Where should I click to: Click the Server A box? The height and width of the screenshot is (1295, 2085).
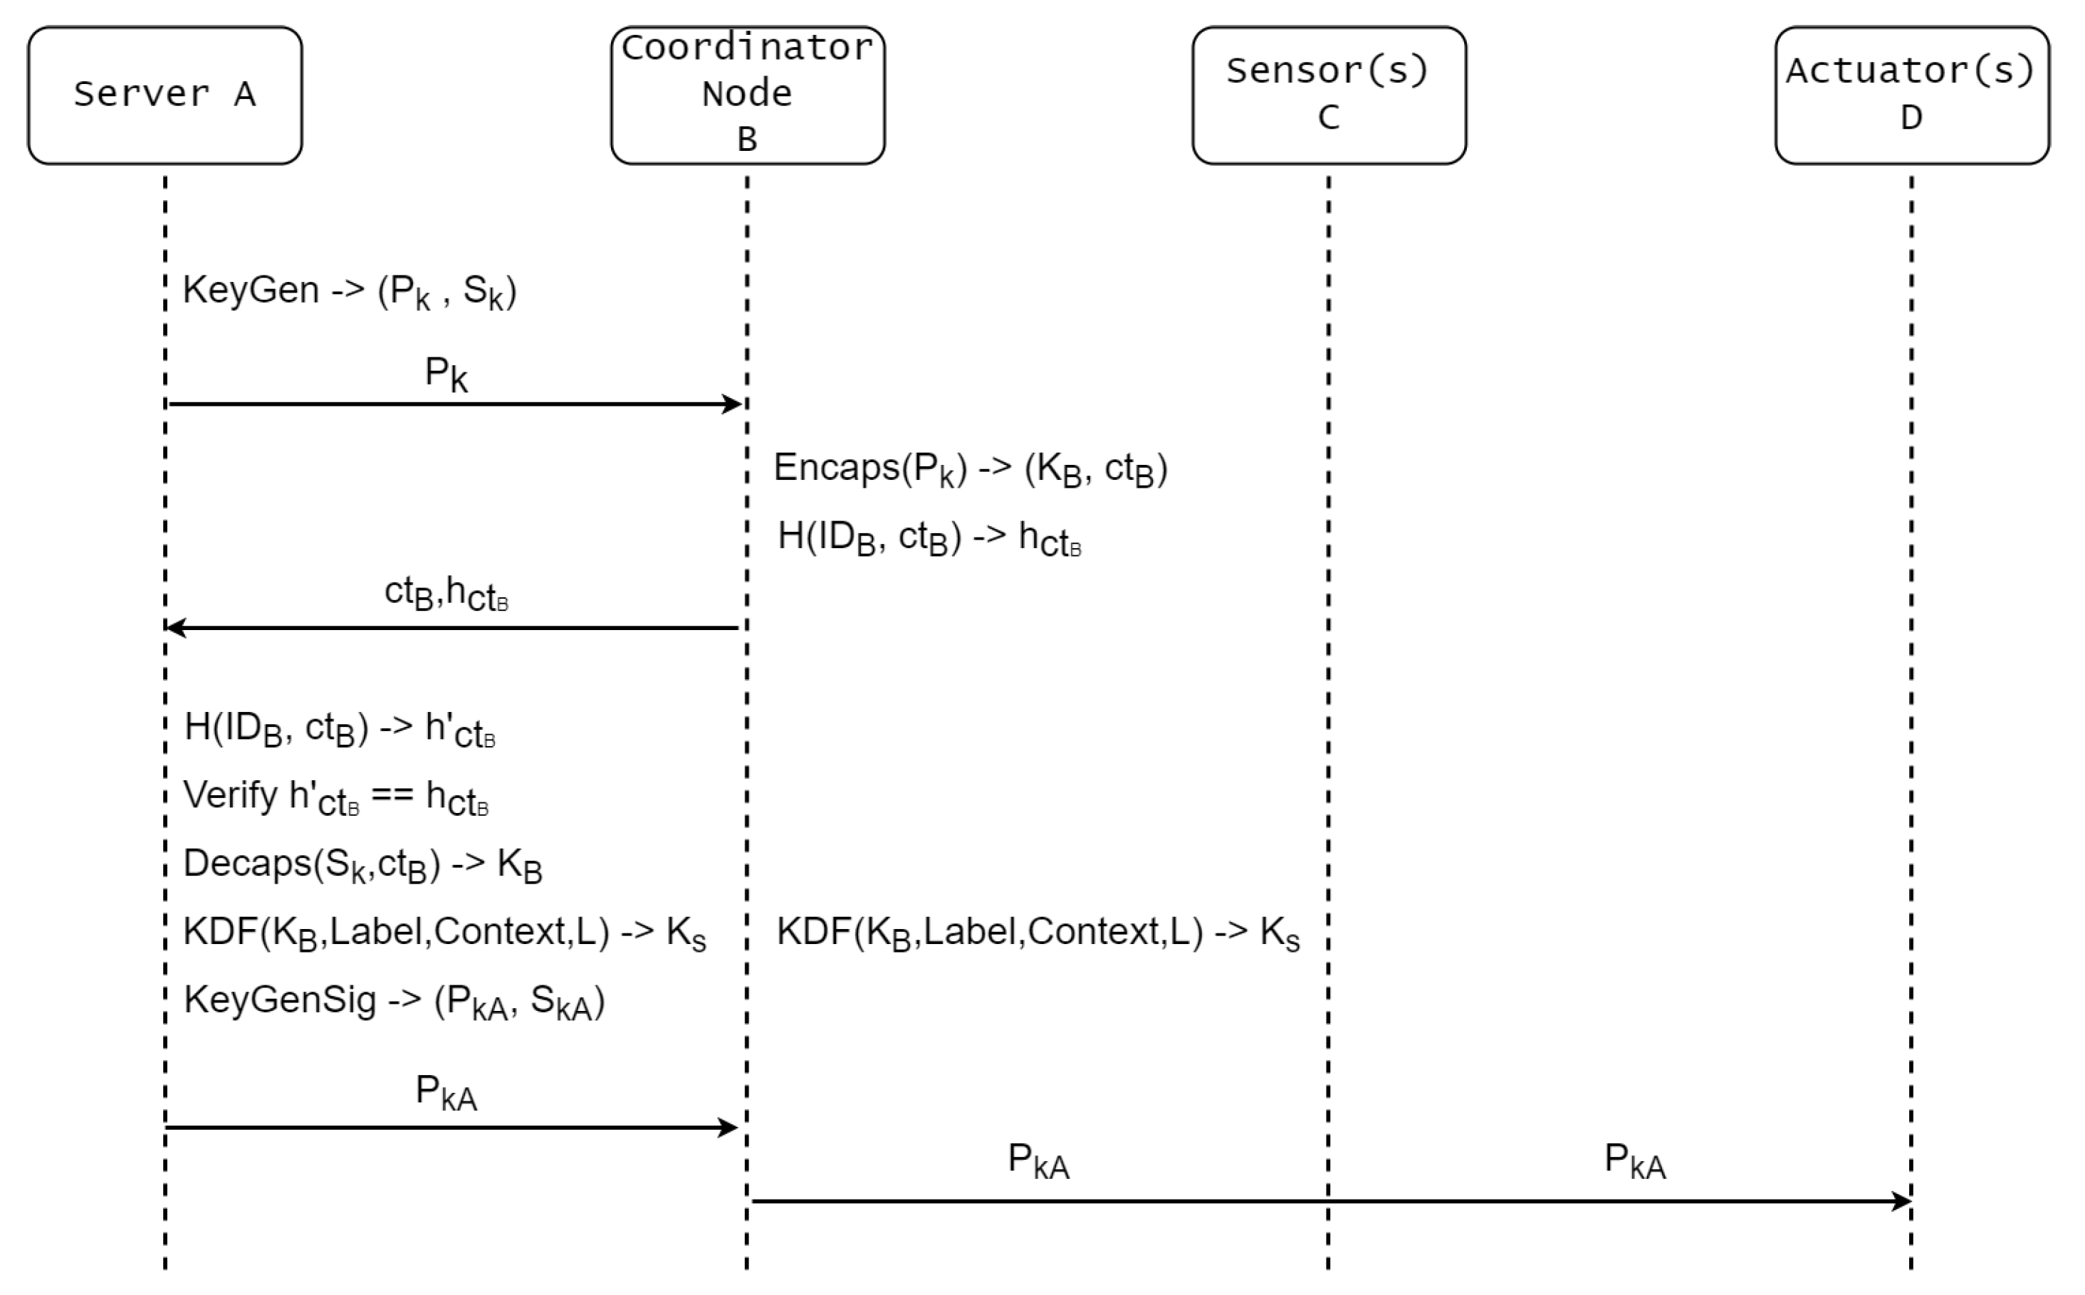click(164, 95)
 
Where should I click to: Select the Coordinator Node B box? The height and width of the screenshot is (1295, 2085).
click(747, 95)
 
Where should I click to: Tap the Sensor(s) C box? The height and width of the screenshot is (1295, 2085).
click(1329, 95)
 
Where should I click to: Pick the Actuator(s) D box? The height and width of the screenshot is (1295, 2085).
click(1911, 95)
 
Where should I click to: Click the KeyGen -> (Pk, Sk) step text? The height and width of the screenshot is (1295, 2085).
click(349, 292)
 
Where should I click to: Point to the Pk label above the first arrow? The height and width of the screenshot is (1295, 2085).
click(446, 374)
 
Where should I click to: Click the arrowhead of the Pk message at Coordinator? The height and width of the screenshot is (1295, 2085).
click(733, 404)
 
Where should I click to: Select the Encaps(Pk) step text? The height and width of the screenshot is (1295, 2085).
click(970, 469)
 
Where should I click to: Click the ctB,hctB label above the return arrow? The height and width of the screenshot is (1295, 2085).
click(446, 593)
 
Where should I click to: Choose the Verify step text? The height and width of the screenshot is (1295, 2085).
click(336, 797)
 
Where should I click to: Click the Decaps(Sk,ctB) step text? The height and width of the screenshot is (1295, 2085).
click(362, 864)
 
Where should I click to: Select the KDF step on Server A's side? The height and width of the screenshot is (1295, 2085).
click(444, 932)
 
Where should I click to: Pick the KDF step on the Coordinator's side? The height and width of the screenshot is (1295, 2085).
click(1038, 932)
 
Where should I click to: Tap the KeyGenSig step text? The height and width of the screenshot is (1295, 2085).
click(394, 1000)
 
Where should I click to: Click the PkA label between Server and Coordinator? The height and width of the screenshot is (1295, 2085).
click(446, 1093)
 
